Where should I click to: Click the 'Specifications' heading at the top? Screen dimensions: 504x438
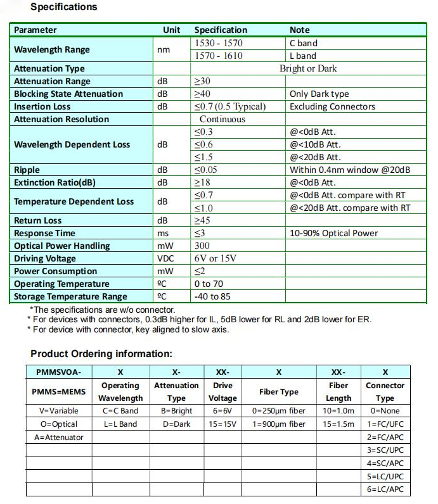click(64, 7)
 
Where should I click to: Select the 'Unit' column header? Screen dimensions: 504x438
click(171, 30)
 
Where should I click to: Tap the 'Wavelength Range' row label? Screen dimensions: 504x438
click(52, 49)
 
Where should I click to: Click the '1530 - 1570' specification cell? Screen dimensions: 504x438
click(219, 43)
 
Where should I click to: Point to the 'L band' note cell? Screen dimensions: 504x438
click(302, 56)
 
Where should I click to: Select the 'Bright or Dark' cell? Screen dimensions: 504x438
click(308, 68)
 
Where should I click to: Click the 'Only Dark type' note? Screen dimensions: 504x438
click(319, 94)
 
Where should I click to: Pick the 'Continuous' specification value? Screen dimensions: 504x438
click(222, 119)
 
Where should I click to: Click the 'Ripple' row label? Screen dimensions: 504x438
click(27, 170)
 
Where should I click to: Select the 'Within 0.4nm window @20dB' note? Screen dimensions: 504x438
click(350, 170)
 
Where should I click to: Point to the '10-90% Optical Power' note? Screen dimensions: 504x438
click(333, 233)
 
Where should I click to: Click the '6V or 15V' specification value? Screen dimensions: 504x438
click(216, 258)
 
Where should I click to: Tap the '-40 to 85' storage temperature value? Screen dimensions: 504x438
click(212, 296)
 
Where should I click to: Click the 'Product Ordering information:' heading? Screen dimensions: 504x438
click(101, 354)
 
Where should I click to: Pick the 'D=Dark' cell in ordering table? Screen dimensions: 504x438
click(177, 424)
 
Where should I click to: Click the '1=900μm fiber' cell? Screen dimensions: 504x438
click(279, 424)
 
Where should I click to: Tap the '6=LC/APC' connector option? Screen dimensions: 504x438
click(385, 489)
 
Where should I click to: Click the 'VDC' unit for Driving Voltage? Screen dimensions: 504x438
click(165, 258)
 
